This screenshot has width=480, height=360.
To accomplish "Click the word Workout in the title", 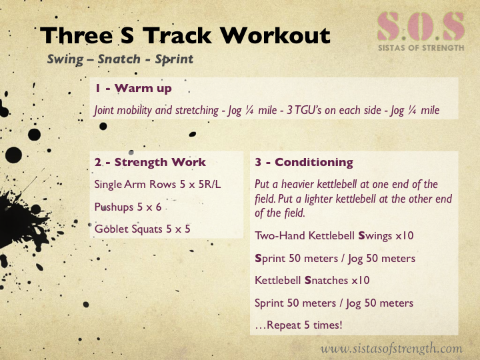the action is [x=275, y=35].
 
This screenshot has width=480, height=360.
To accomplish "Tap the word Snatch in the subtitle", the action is [x=119, y=59].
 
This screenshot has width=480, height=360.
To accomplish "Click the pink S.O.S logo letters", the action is [x=421, y=27].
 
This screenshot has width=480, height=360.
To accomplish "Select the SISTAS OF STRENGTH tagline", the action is [x=421, y=48].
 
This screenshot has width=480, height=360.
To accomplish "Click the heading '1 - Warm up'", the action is [x=133, y=88].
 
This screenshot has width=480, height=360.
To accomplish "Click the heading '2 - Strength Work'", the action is [x=150, y=162].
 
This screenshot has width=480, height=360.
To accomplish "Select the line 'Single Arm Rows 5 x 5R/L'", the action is [x=157, y=184].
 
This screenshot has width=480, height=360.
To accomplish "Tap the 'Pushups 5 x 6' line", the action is [x=128, y=207].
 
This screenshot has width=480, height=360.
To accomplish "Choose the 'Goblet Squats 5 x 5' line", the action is [x=143, y=229].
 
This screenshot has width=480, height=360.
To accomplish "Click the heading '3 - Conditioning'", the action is [x=304, y=162].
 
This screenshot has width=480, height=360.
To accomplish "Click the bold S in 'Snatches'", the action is [x=308, y=281].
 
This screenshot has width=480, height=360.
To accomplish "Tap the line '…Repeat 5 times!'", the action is [x=299, y=325].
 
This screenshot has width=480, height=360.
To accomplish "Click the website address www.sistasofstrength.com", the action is [x=391, y=349].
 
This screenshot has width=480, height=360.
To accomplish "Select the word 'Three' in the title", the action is [x=77, y=35].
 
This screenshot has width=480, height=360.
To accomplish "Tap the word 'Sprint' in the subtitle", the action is [x=174, y=59].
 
